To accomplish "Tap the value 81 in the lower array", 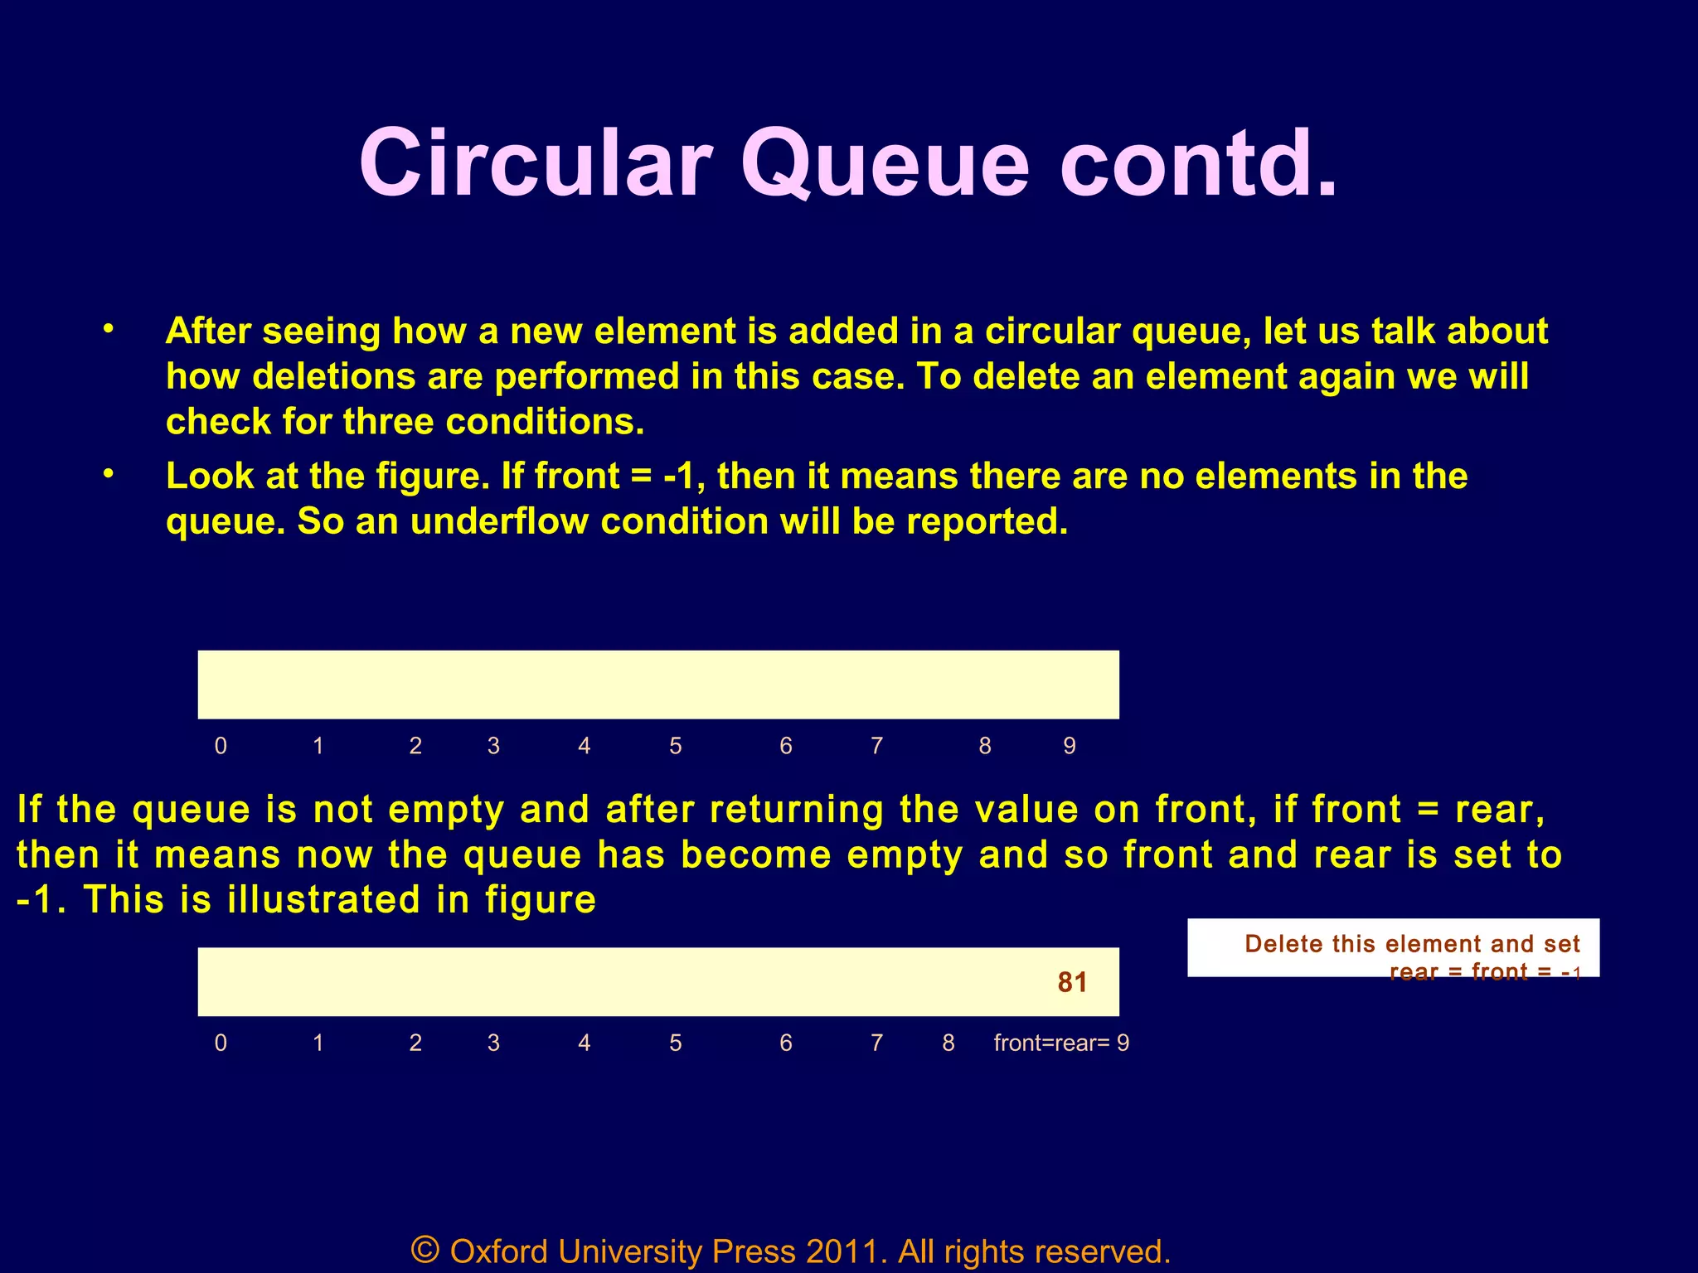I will tap(1072, 982).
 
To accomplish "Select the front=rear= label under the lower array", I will tap(1051, 1043).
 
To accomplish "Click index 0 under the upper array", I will tap(221, 746).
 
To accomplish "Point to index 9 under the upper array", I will tap(1070, 746).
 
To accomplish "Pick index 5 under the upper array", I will tap(676, 746).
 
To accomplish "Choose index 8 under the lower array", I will tap(948, 1043).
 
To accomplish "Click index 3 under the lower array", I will tap(493, 1043).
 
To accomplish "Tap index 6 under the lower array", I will tap(786, 1043).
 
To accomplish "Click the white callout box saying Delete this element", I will tap(1393, 948).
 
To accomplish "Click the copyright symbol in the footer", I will tap(424, 1249).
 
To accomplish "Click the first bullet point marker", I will tap(108, 330).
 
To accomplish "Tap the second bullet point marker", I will tap(108, 475).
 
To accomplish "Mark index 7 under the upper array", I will tap(876, 746).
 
